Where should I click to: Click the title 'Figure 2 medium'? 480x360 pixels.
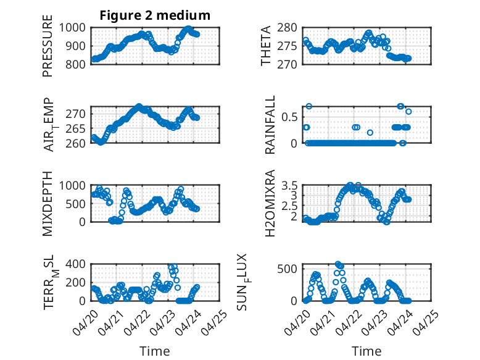click(x=155, y=15)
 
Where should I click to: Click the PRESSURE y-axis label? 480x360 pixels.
click(x=48, y=50)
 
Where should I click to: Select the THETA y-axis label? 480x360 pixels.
click(x=266, y=46)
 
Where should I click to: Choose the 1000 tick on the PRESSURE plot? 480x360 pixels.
click(x=77, y=27)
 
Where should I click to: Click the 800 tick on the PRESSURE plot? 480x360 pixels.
click(x=79, y=64)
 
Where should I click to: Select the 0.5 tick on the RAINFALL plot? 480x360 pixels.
click(x=291, y=117)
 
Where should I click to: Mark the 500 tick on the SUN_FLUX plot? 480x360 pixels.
click(x=290, y=268)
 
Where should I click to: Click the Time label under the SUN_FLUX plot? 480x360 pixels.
click(x=366, y=351)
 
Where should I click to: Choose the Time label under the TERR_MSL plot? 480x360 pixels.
click(x=155, y=351)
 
